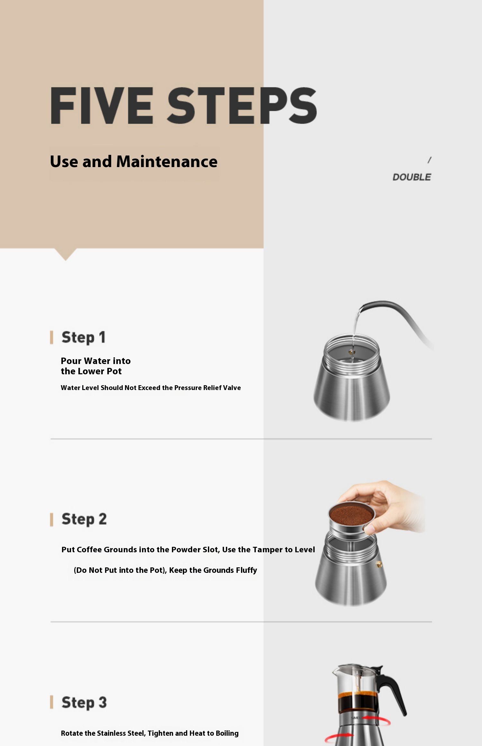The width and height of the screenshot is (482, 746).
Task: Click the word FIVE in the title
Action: pos(102,105)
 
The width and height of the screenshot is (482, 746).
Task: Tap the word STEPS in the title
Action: pos(242,105)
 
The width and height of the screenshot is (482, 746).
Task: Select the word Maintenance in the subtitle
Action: pos(167,161)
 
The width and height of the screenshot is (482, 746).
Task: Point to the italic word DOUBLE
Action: pos(412,177)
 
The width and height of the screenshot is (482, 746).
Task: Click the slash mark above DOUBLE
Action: pos(429,160)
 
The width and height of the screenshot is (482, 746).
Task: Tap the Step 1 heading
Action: pos(84,338)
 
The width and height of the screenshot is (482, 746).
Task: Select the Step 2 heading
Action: pos(84,520)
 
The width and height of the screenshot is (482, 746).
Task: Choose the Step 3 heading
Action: pos(84,702)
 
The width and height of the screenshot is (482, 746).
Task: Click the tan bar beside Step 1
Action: pos(51,337)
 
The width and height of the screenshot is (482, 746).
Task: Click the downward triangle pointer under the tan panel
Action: pos(66,254)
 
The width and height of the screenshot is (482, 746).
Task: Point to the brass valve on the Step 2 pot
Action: pos(379,564)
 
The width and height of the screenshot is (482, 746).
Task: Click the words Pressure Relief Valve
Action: pos(207,388)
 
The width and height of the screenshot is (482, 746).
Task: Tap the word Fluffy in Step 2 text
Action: pos(246,570)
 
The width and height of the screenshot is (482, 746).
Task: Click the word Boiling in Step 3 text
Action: pos(227,733)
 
